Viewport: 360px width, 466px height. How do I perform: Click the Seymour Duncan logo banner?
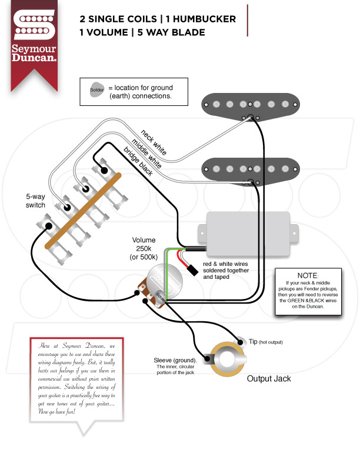pos(34,44)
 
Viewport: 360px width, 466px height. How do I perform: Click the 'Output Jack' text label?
pos(268,379)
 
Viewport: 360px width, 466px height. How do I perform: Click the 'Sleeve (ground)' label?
pos(175,360)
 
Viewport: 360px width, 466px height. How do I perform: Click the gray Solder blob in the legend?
pos(96,91)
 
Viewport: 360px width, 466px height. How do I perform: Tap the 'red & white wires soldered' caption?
pos(227,271)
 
